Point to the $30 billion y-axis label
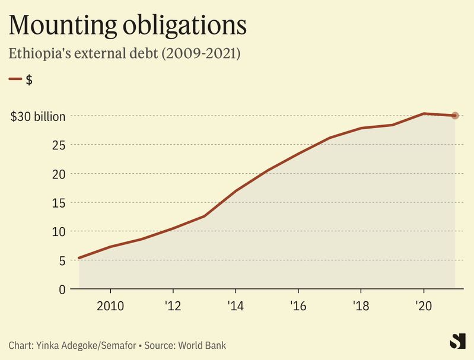click(x=38, y=116)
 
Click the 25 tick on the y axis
click(x=58, y=145)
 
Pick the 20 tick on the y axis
click(x=58, y=174)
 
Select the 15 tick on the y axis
click(x=58, y=203)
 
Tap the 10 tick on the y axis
click(x=58, y=231)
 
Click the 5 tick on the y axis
click(x=62, y=260)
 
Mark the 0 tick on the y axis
click(x=62, y=289)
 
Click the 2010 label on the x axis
click(x=110, y=306)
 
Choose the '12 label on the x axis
click(x=173, y=306)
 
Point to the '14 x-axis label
click(x=236, y=306)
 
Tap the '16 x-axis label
click(x=298, y=306)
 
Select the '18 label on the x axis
click(x=361, y=306)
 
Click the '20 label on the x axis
click(x=423, y=306)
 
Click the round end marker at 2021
click(x=455, y=116)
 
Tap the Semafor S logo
click(x=456, y=342)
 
